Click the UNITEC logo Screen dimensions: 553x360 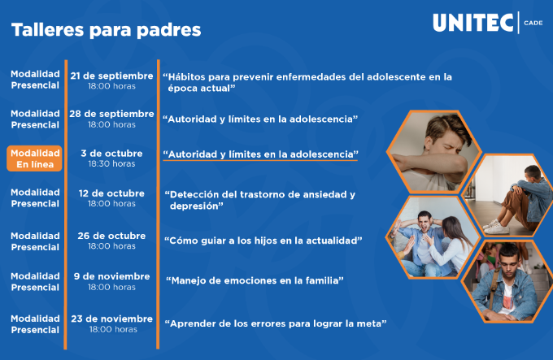pyautogui.click(x=473, y=23)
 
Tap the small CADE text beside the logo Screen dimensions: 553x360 pyautogui.click(x=533, y=23)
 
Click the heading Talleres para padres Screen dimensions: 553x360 pyautogui.click(x=107, y=29)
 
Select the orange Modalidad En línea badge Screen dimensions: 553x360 pyautogui.click(x=34, y=158)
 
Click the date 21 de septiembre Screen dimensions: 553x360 pyautogui.click(x=111, y=76)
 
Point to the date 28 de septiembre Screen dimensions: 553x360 pyautogui.click(x=111, y=114)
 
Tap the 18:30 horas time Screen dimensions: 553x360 pyautogui.click(x=111, y=163)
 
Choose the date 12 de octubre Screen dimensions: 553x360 pyautogui.click(x=111, y=193)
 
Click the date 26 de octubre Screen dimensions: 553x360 pyautogui.click(x=111, y=236)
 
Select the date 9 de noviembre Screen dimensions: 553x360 pyautogui.click(x=111, y=276)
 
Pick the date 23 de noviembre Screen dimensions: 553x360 pyautogui.click(x=111, y=319)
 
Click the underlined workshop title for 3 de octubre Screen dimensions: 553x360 pyautogui.click(x=260, y=154)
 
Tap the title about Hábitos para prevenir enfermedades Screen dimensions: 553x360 pyautogui.click(x=307, y=82)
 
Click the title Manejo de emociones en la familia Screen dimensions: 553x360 pyautogui.click(x=255, y=280)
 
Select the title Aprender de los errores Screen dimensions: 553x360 pyautogui.click(x=276, y=323)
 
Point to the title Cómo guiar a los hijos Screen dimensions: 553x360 pyautogui.click(x=263, y=241)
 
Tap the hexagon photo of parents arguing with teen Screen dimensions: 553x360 pyautogui.click(x=433, y=237)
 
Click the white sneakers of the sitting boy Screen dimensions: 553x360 pyautogui.click(x=496, y=227)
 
